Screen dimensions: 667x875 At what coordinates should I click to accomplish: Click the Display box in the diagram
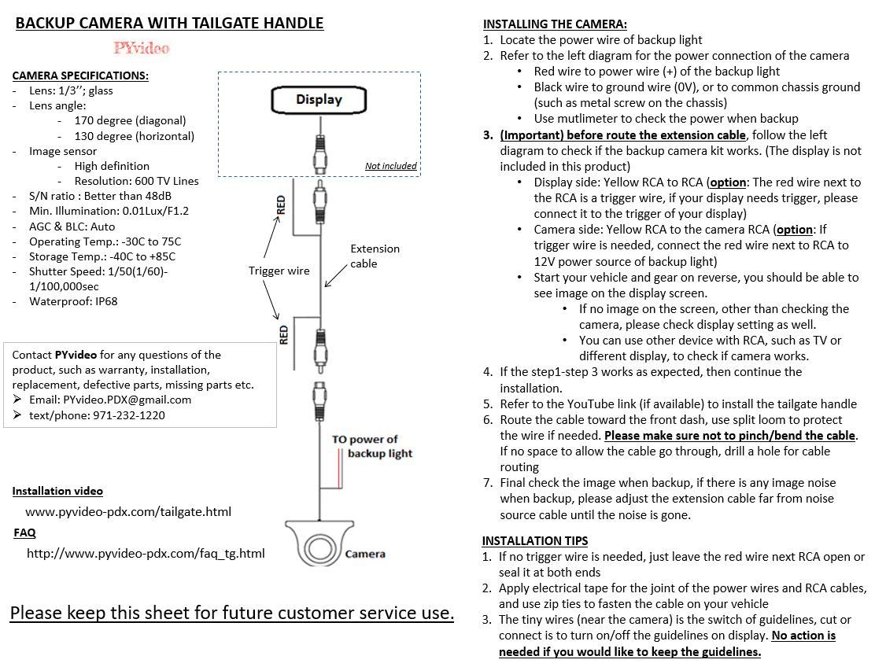(319, 100)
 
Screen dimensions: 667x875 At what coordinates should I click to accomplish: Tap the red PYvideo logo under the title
(142, 48)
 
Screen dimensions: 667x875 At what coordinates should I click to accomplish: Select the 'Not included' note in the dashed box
(390, 166)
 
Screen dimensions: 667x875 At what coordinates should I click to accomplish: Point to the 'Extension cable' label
(375, 256)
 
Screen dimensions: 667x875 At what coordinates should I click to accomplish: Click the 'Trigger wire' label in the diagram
(279, 271)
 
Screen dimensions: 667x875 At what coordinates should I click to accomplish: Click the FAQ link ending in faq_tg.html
(146, 553)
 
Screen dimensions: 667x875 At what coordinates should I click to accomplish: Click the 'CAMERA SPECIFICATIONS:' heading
(80, 76)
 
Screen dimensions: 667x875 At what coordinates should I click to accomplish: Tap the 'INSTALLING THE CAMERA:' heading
(555, 24)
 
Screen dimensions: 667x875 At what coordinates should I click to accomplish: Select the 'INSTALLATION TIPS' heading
(534, 540)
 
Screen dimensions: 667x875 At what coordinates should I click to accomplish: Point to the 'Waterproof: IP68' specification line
(73, 300)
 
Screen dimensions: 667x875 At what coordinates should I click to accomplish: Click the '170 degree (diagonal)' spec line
(130, 120)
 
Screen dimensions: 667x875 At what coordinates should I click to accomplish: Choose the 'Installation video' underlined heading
(57, 491)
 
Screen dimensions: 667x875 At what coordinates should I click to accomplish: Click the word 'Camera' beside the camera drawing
(365, 554)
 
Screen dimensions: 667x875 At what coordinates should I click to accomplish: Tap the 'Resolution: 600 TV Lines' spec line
(136, 180)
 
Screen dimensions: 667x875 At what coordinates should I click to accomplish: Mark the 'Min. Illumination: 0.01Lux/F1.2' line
(109, 211)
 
